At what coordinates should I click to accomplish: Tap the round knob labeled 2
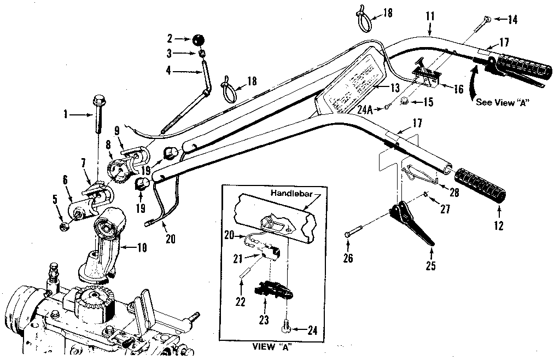click(x=199, y=39)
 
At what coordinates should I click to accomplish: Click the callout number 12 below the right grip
click(x=498, y=225)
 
